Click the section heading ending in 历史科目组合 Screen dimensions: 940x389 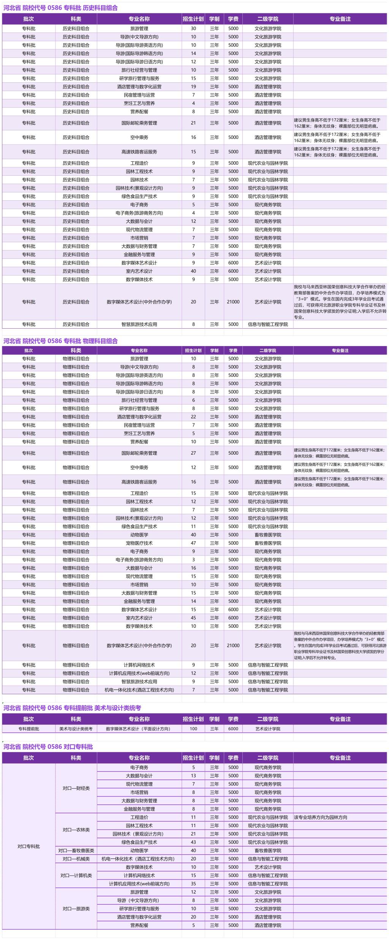tap(61, 8)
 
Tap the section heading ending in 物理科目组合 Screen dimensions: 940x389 tap(61, 341)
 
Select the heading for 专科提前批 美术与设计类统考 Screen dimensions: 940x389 tap(72, 708)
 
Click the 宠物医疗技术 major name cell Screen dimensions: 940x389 tap(139, 543)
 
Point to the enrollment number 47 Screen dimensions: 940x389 tap(193, 543)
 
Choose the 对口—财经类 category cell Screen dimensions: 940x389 tap(76, 788)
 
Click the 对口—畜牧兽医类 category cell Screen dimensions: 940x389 tap(76, 850)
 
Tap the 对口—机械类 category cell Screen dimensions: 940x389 tap(76, 859)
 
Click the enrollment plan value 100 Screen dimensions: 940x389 tap(193, 729)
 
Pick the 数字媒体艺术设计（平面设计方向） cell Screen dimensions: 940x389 tap(139, 729)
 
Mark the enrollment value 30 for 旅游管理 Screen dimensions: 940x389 tap(193, 28)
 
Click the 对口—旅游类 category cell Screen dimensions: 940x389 tap(76, 909)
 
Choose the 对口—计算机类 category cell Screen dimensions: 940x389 tap(76, 875)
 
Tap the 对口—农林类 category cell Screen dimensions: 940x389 tap(76, 830)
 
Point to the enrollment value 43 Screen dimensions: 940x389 tap(193, 842)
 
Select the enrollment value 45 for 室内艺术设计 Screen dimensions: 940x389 tap(193, 618)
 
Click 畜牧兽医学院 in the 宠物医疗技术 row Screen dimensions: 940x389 tap(268, 543)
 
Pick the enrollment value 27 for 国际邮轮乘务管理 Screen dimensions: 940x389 tap(193, 453)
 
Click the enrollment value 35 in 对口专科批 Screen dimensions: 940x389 tap(193, 884)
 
